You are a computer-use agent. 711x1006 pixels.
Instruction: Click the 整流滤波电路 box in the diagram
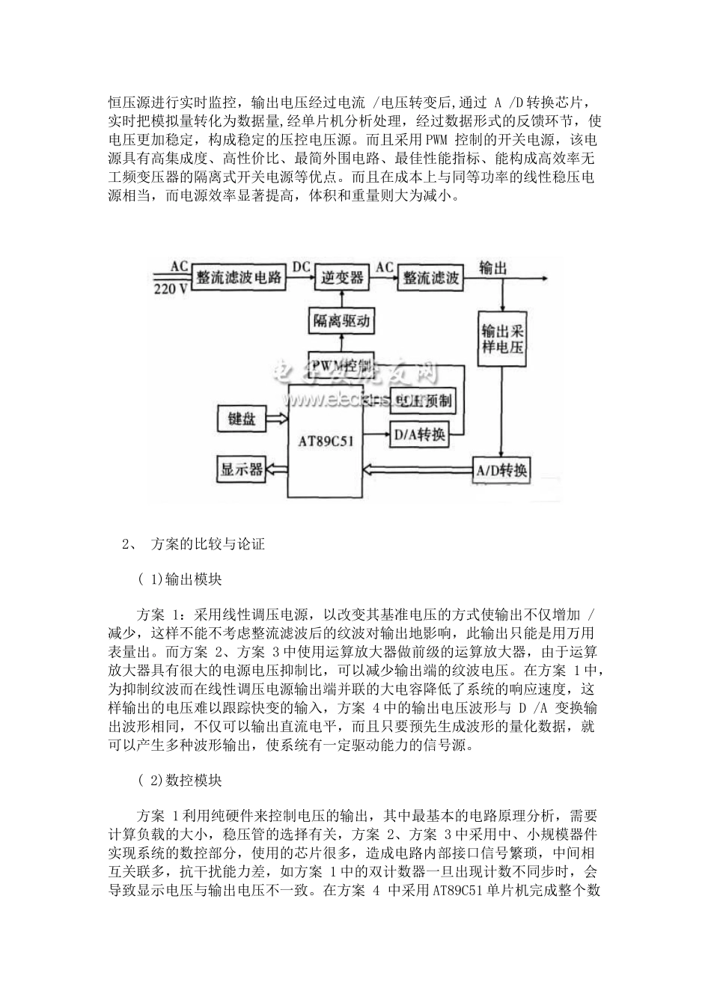point(239,277)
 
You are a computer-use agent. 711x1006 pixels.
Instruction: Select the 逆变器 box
point(342,277)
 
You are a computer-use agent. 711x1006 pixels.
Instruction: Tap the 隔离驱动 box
point(341,322)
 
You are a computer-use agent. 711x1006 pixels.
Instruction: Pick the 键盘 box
point(240,418)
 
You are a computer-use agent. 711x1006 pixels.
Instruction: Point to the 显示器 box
point(241,469)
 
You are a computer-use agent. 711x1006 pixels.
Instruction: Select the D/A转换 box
point(418,434)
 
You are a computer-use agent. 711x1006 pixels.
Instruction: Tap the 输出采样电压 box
point(501,338)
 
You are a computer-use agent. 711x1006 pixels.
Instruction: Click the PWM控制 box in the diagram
point(341,365)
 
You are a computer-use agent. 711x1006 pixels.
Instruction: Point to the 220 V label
point(171,289)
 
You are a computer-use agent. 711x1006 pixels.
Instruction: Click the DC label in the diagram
point(301,266)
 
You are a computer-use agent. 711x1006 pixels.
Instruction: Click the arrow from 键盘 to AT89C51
point(277,418)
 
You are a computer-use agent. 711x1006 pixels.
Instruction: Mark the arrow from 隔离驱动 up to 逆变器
point(341,299)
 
